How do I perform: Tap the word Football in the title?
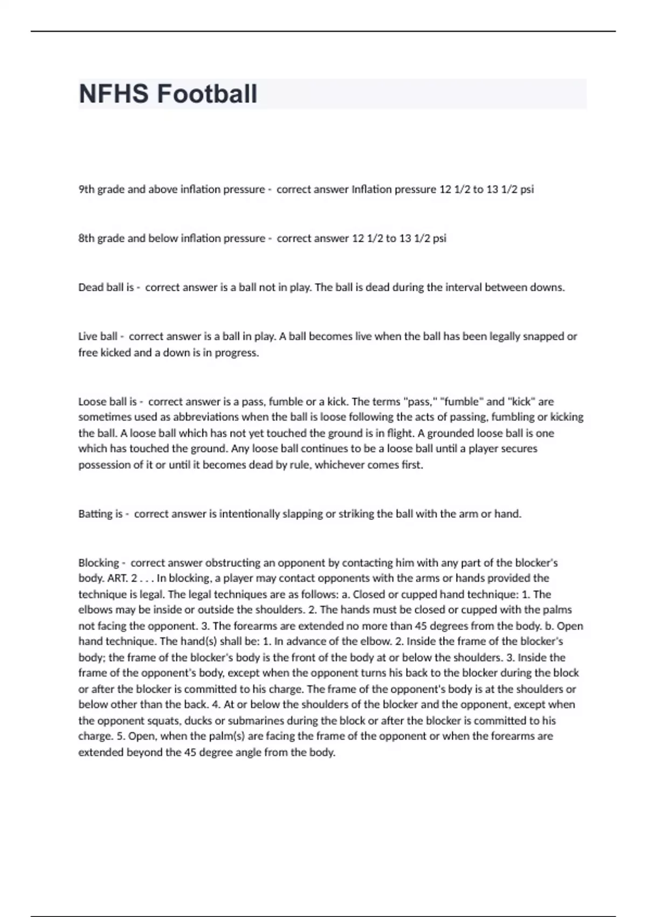(207, 94)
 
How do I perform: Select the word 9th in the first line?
(86, 189)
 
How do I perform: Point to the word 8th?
(86, 238)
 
